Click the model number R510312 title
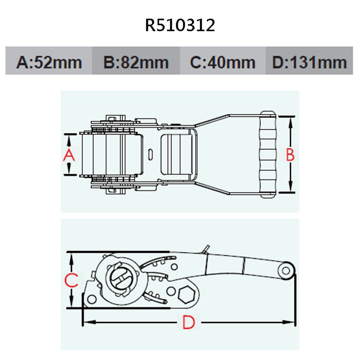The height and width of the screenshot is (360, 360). (180, 26)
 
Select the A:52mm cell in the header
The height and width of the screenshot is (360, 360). (49, 62)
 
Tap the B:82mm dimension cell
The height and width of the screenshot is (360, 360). (136, 62)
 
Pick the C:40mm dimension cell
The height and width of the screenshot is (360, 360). (222, 62)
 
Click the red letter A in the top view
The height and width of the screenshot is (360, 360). (69, 156)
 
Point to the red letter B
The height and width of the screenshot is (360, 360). (290, 155)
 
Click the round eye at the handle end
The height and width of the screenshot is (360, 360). (287, 271)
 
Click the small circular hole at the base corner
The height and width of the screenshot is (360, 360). (91, 299)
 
